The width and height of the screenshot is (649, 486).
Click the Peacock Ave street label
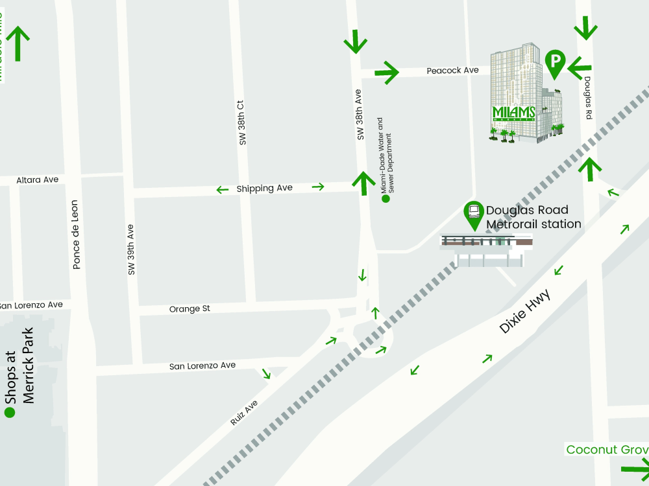point(452,70)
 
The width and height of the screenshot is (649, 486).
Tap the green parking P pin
point(554,62)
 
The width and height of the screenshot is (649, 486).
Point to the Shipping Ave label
point(264,188)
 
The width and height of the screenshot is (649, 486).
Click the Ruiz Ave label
point(244,413)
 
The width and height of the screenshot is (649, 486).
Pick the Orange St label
point(190,309)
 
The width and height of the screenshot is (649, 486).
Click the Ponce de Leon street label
point(76,234)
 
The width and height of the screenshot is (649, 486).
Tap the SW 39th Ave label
point(131,249)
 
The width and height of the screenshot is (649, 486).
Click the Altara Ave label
point(37,179)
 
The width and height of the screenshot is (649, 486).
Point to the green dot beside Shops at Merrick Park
point(9,412)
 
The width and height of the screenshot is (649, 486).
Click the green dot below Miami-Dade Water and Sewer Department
point(386,199)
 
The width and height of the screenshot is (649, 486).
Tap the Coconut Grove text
point(607,450)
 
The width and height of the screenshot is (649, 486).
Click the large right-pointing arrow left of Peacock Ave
point(387,72)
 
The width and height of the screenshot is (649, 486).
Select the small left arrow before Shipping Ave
point(223,190)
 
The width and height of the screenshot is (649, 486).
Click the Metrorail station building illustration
point(487,249)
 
